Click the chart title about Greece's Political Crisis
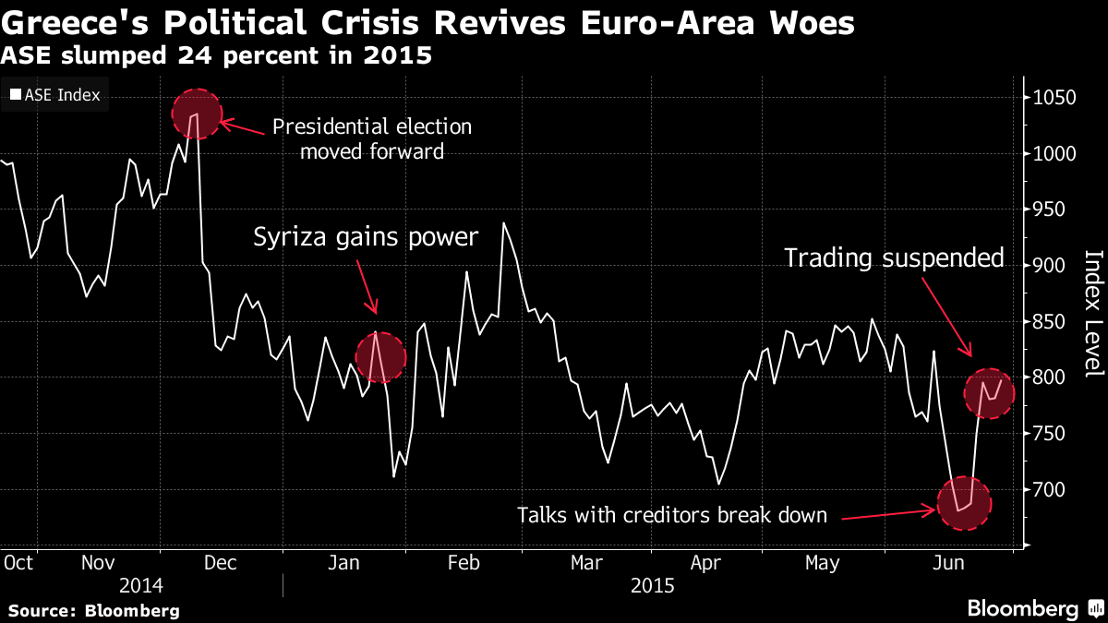point(427,23)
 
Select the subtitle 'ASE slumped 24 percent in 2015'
point(216,56)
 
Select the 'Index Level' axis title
point(1093,313)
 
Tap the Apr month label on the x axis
point(706,562)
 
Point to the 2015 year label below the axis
point(653,585)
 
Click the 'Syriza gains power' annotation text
point(367,238)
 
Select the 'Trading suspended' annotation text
point(894,258)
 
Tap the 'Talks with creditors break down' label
point(672,515)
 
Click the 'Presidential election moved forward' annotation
point(372,138)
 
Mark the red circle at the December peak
point(197,114)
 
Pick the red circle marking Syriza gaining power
point(379,357)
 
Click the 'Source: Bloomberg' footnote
point(94,610)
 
